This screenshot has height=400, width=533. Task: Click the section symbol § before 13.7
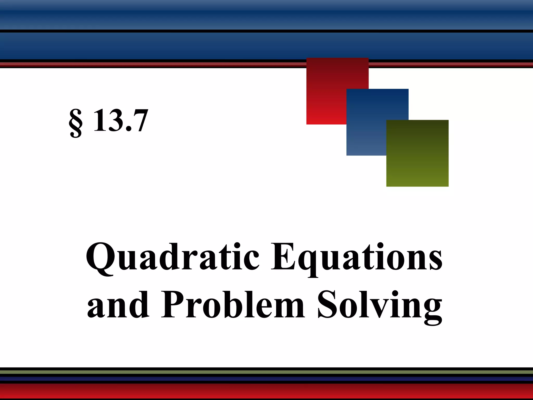click(76, 123)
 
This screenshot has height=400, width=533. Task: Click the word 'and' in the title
click(118, 305)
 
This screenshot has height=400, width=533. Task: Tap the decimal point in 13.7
click(128, 129)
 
